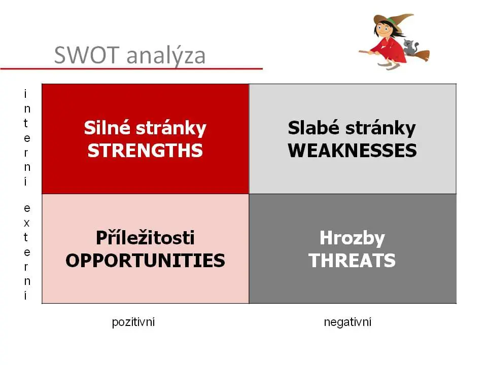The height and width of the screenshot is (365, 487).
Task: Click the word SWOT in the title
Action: point(87,55)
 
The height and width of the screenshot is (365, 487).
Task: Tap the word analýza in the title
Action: point(166,56)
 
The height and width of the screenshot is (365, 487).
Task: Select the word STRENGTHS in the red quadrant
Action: point(145,151)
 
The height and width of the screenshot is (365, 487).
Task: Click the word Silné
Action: point(107,128)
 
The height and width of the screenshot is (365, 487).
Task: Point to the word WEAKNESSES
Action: point(352,151)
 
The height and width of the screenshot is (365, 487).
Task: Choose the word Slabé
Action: point(314,128)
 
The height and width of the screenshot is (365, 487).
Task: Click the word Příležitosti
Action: point(145,238)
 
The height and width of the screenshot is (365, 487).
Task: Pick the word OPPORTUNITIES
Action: point(145,261)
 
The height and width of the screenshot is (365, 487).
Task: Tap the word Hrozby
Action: point(352,238)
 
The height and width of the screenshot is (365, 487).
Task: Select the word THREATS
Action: point(352,261)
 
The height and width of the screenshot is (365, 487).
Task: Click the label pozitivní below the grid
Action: point(133,322)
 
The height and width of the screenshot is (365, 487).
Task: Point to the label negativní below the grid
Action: point(347,322)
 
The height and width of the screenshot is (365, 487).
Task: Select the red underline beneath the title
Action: point(131,68)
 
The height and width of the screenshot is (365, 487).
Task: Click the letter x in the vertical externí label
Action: point(27,223)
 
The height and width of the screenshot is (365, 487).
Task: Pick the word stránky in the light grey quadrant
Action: point(380,128)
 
